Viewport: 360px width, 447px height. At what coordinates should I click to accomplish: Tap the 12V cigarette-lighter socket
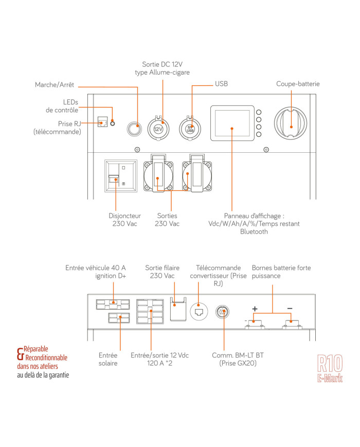click(158, 128)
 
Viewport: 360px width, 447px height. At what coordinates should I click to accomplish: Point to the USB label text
click(222, 83)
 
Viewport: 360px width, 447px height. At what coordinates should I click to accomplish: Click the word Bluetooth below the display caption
click(254, 232)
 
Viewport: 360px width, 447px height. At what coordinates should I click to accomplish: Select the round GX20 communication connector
click(222, 311)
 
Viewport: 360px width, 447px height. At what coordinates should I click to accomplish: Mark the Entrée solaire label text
click(109, 359)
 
